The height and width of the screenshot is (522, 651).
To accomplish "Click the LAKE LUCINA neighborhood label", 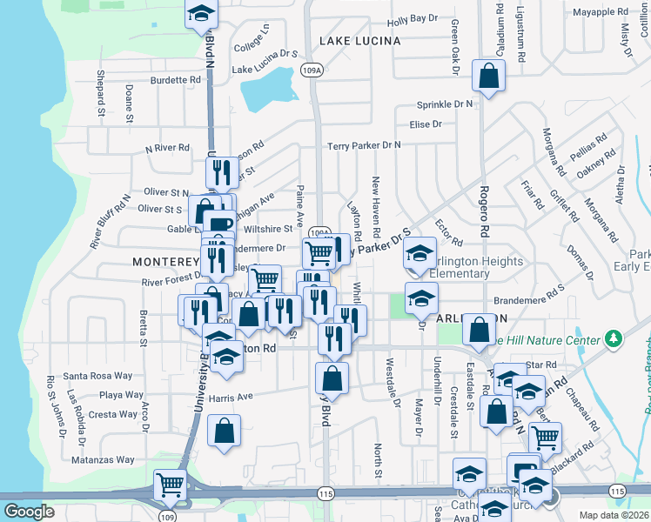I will coord(359,41).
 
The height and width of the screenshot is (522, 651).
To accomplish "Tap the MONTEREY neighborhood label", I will coord(165,261).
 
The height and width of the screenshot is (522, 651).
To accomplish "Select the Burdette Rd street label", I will coord(175,80).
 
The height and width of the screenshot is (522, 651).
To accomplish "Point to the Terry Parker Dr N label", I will coord(364,145).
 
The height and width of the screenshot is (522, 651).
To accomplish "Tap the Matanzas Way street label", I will coord(103,459).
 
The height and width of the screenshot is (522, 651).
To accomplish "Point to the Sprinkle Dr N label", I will coord(445,104).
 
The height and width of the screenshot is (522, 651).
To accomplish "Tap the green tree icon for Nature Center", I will coord(614,337).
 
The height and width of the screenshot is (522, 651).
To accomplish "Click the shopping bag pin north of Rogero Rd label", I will coord(488,76).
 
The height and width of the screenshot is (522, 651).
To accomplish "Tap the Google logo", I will coord(29,512).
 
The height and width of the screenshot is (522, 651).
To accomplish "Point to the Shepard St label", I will coord(101,93).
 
